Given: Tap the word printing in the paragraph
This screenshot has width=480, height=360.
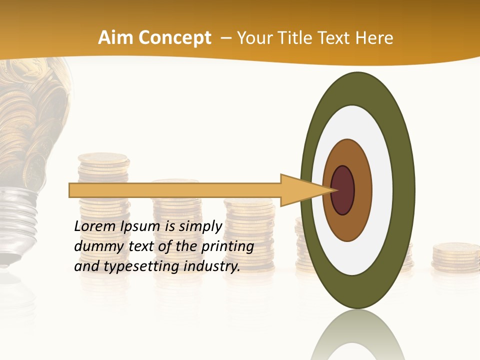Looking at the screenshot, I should click(226, 246).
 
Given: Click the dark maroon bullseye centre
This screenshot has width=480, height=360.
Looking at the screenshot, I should click(343, 190).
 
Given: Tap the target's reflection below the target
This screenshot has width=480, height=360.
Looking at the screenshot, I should click(357, 335).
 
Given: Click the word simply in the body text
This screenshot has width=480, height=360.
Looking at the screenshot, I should click(200, 226).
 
